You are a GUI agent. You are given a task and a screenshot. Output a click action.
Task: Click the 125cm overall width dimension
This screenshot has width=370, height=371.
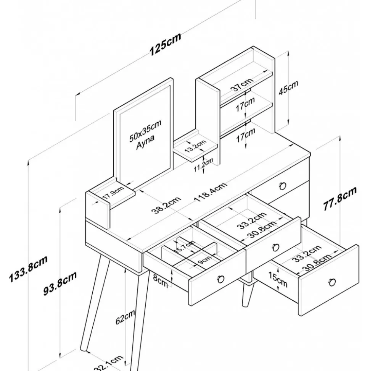click(165, 44)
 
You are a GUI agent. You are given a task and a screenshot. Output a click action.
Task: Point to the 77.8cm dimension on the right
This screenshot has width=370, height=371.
click(340, 199)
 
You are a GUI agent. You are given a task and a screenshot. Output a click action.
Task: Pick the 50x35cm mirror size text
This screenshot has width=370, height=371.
click(145, 130)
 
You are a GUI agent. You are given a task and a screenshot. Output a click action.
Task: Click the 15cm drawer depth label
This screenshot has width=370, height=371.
click(277, 280)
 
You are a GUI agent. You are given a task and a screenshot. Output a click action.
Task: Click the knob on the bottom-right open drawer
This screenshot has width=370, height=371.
click(332, 282)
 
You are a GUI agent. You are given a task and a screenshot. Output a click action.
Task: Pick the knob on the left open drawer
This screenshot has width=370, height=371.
click(220, 278)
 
